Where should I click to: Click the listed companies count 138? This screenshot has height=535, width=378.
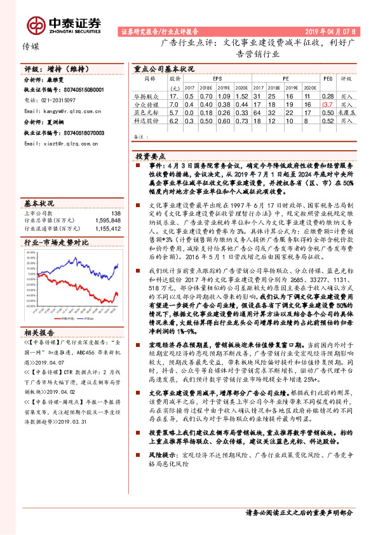click(115, 213)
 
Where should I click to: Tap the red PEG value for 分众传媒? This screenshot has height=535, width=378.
click(327, 104)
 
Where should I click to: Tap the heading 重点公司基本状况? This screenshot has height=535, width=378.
click(163, 67)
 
